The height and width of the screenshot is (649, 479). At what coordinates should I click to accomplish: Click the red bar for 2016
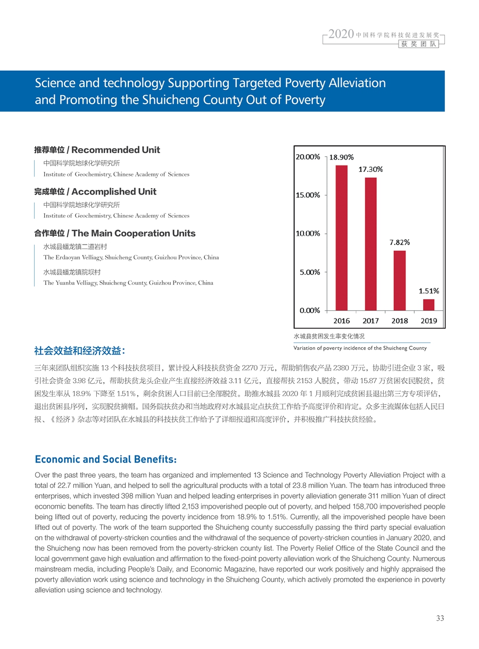point(341,238)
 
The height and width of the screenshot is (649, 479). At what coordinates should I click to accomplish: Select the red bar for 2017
point(370,244)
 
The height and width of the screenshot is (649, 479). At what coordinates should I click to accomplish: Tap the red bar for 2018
point(400,280)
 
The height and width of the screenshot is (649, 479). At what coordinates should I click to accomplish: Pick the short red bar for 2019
point(428,305)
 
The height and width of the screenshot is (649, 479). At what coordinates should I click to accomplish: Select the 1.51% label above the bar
point(428,291)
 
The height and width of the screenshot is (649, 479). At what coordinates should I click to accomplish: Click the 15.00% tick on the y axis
point(308,195)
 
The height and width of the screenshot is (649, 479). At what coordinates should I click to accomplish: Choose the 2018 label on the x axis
point(400,321)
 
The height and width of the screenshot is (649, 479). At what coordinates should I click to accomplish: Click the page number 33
point(440,618)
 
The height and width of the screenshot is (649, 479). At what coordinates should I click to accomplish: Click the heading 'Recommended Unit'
point(115,150)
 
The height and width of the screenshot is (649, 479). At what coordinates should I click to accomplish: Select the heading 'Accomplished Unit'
point(114,191)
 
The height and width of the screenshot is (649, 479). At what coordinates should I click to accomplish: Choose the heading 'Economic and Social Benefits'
point(105,459)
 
